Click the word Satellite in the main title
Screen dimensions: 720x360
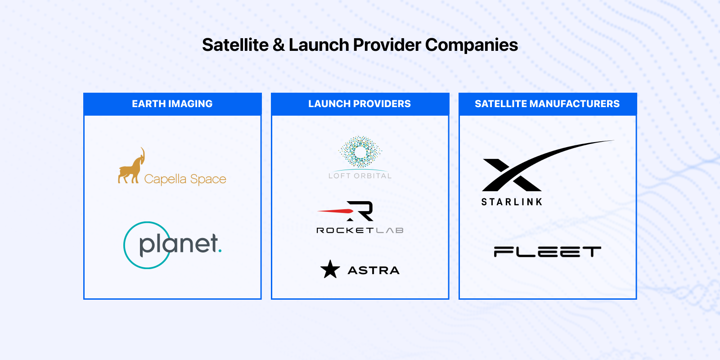point(235,45)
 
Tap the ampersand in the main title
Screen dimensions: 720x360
point(279,45)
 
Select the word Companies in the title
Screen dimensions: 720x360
point(472,45)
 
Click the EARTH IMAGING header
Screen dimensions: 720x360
point(172,104)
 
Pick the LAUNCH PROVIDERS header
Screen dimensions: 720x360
point(360,104)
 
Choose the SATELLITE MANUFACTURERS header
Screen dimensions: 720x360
point(547,104)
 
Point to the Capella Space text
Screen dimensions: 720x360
point(185,179)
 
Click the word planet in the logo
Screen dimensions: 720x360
point(179,245)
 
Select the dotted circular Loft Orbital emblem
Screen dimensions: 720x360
point(360,152)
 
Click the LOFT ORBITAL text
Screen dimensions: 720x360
point(360,176)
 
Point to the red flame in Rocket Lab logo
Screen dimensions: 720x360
point(335,211)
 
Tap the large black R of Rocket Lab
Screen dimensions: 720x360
point(360,211)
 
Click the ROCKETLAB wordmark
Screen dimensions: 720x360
point(360,230)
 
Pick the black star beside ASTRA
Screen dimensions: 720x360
point(330,270)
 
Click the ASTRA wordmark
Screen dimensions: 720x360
point(373,270)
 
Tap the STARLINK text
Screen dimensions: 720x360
point(512,202)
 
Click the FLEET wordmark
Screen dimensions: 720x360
point(547,252)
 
